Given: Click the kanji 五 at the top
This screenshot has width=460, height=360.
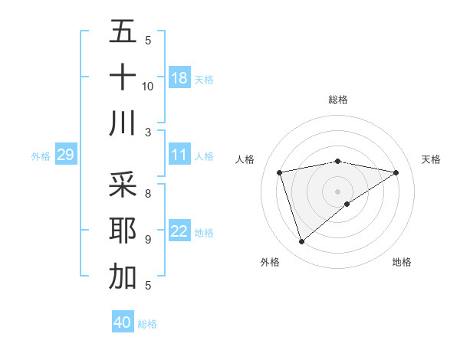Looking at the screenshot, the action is pos(123,31).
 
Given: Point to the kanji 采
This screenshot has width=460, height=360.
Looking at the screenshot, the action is pos(123,184).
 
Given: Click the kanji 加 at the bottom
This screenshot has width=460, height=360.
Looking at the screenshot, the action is pos(123,277).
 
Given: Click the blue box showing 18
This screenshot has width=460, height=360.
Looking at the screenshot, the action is pos(179,77).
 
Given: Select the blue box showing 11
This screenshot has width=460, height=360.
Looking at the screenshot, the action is pos(179,155).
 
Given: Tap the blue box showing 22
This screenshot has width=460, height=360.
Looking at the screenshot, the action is pos(179,231).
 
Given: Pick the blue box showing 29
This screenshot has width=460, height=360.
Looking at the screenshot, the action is pos(65,155).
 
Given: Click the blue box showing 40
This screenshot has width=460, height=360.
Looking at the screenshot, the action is pos(123,322).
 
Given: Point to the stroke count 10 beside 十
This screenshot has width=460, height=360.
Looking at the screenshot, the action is pos(148,86).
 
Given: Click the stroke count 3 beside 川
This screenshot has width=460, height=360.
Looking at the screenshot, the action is pos(148,133).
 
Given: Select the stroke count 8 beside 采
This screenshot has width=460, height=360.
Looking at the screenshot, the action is pos(148,194).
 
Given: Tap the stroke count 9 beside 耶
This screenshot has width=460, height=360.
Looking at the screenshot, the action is pos(148,240).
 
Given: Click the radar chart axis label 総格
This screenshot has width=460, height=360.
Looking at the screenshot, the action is pos(338,100).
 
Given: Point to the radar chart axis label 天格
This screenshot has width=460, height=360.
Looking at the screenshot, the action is pos(431,159).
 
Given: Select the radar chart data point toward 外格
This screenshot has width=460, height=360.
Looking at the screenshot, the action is pos(301,242).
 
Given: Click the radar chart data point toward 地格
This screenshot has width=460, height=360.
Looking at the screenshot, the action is pos(347,204).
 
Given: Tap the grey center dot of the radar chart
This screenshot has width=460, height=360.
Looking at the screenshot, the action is pos(337,190).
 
